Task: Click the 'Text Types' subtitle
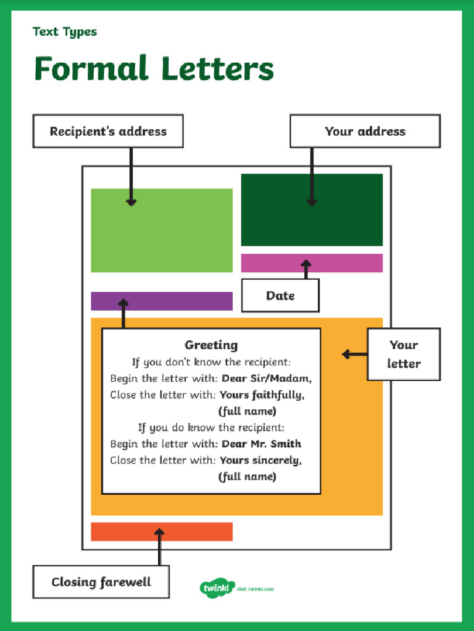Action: coord(65,32)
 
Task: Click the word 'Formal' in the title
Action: coord(91,68)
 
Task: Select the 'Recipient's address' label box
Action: coord(108,131)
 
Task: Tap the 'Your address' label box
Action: coord(365,131)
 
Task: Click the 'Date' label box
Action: coord(281,295)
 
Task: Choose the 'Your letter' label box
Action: coord(404,354)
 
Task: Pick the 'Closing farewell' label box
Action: coord(101,582)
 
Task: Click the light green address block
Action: coord(162,230)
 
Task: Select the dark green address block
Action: coord(312,210)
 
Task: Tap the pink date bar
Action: coord(312,263)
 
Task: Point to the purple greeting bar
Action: coord(162,301)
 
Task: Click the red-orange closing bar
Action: coord(162,532)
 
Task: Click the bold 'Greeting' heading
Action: coord(211,345)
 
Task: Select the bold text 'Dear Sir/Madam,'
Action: coord(267,378)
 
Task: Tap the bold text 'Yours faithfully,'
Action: coord(262,395)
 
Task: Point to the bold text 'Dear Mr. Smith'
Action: coord(262,444)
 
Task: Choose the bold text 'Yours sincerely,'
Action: coord(261,460)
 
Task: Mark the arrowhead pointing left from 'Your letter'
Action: coord(346,354)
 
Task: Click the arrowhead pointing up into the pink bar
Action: coord(306,264)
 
